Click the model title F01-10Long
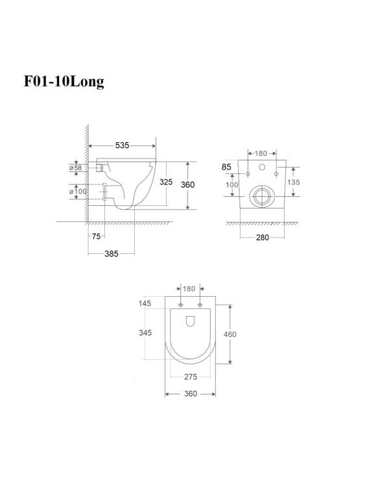coord(64,82)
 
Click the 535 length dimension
coord(122,145)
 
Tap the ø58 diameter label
coord(76,168)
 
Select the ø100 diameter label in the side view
coord(78,191)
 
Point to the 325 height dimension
coord(166,182)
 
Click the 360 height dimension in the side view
coord(187,185)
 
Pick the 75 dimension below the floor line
coord(97,236)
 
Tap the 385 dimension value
coord(112,254)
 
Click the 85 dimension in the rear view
coord(226,167)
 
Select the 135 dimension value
coord(294,182)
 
